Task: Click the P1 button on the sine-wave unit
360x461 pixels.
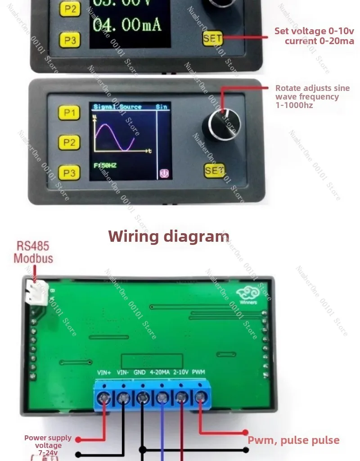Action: tap(69, 113)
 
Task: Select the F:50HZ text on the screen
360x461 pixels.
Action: tap(105, 166)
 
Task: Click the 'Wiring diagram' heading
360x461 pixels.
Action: tap(169, 236)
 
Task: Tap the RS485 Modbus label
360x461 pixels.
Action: tap(33, 253)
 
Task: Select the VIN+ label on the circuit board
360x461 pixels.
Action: tap(104, 372)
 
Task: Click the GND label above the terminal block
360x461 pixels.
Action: tap(139, 372)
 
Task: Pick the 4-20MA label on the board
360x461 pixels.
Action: tap(159, 372)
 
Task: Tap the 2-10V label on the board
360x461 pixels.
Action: tap(180, 372)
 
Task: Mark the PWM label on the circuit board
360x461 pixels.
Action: tap(198, 372)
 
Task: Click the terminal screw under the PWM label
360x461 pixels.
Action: tap(200, 397)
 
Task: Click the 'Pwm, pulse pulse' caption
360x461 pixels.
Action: tap(293, 440)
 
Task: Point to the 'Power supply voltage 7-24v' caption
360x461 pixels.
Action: tap(48, 445)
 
